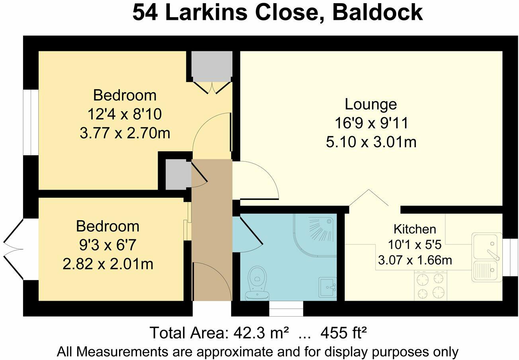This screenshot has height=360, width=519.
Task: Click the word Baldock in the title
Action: pyautogui.click(x=377, y=13)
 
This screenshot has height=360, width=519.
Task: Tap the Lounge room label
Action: pyautogui.click(x=371, y=104)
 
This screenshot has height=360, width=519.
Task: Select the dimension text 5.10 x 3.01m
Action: pyautogui.click(x=371, y=142)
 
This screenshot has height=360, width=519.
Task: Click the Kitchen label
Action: pyautogui.click(x=414, y=229)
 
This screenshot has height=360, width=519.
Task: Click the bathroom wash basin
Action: pyautogui.click(x=328, y=286)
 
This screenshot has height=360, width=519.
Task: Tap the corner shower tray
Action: pyautogui.click(x=317, y=233)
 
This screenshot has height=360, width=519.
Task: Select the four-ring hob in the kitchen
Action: pyautogui.click(x=431, y=286)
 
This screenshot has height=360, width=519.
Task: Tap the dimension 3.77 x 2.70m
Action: pyautogui.click(x=125, y=133)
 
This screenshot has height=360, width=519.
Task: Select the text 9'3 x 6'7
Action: pyautogui.click(x=107, y=245)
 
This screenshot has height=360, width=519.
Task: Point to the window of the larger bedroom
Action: pyautogui.click(x=30, y=122)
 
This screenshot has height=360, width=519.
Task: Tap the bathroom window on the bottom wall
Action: pyautogui.click(x=286, y=308)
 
